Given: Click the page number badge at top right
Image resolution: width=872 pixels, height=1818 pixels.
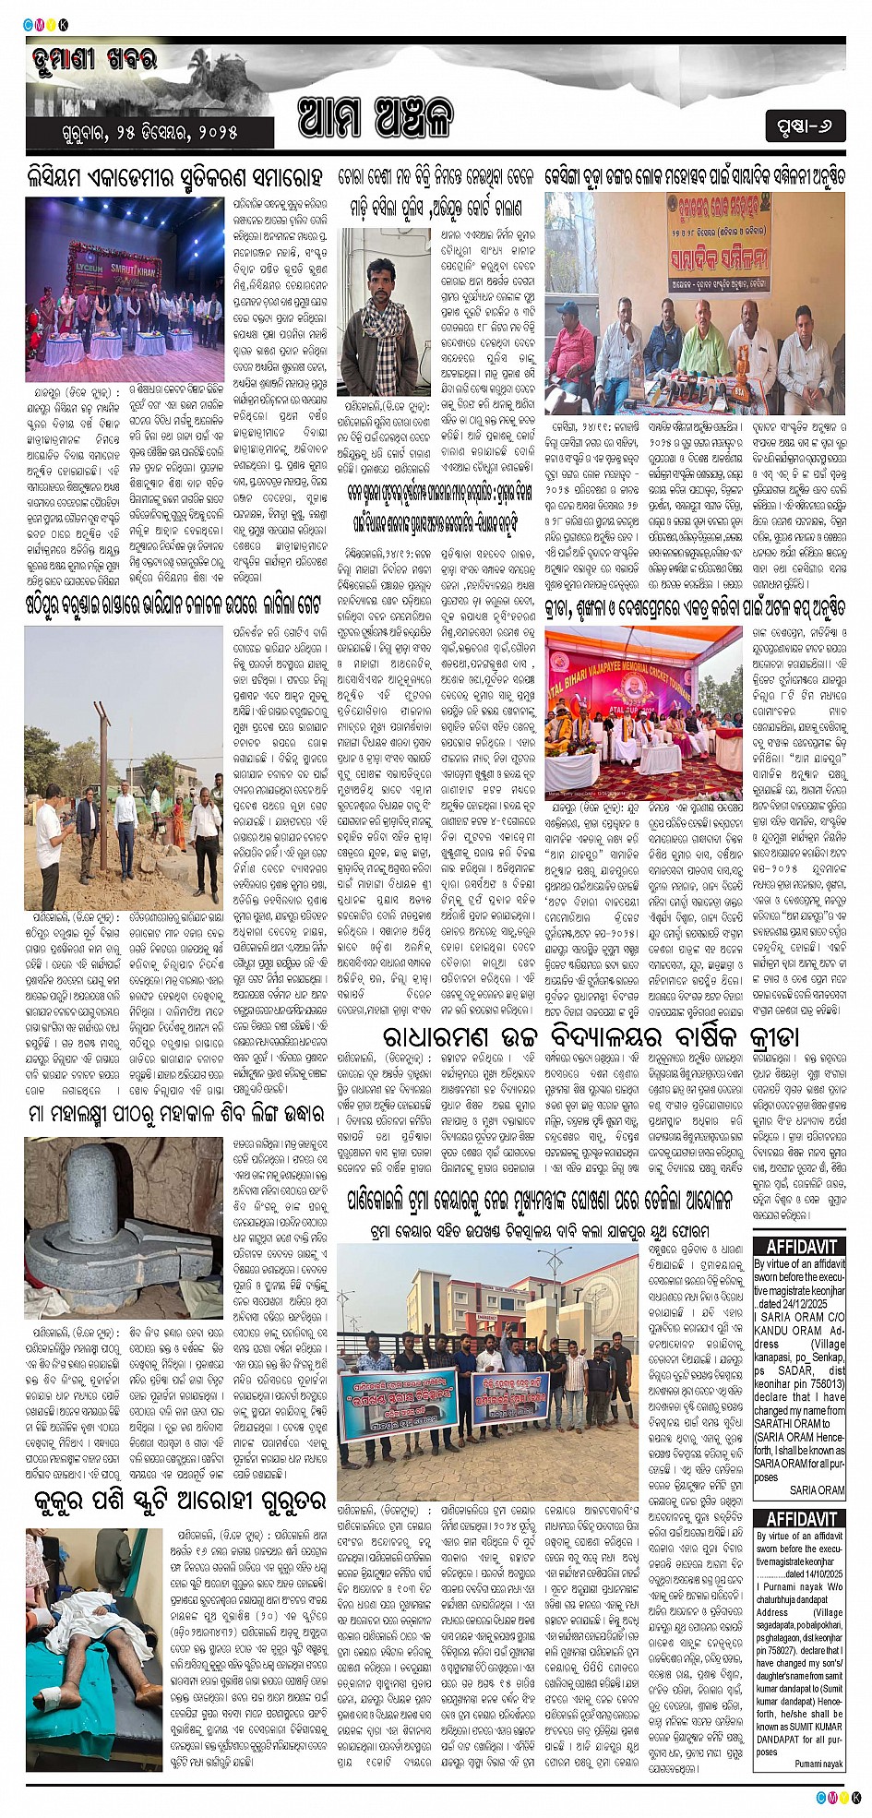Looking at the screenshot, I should coord(805,126).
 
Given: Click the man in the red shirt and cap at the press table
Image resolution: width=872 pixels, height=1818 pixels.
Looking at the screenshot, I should coord(575,343).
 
